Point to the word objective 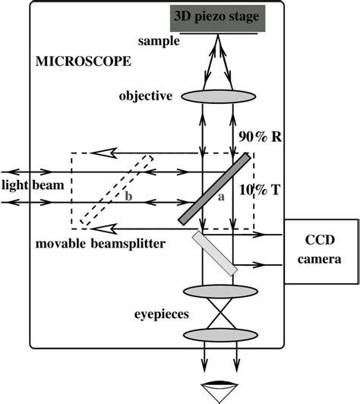click(147, 96)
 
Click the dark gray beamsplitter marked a click(216, 188)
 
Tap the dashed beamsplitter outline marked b click(118, 191)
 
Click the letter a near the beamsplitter click(220, 196)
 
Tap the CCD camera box click(320, 252)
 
